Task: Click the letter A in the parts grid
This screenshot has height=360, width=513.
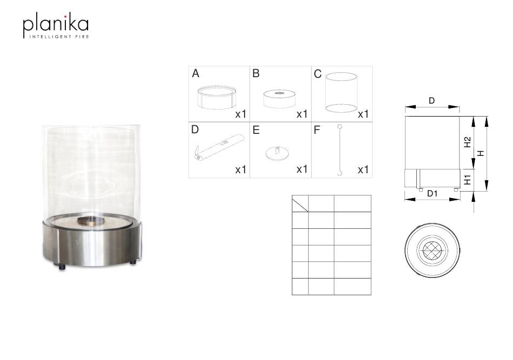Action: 195,73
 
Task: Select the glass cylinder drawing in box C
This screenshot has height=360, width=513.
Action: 341,92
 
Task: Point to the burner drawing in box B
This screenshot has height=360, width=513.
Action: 279,98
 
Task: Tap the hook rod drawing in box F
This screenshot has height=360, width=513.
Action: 340,150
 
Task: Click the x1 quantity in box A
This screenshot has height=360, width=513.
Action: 240,114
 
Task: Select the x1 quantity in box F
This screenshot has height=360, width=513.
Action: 363,169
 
